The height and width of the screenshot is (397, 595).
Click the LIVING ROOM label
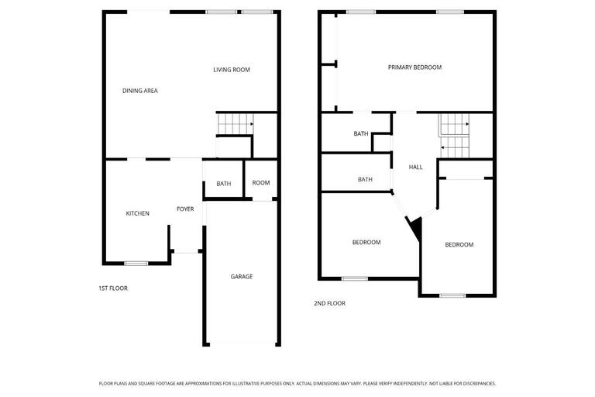pyautogui.click(x=232, y=70)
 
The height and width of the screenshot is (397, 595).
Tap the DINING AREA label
pyautogui.click(x=140, y=91)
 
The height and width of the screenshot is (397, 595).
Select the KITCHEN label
pyautogui.click(x=138, y=213)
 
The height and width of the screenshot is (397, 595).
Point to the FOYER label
pyautogui.click(x=185, y=209)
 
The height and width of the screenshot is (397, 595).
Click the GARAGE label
pyautogui.click(x=241, y=276)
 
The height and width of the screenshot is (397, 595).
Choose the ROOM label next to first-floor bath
pyautogui.click(x=261, y=183)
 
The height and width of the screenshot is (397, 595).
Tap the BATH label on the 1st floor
pyautogui.click(x=224, y=184)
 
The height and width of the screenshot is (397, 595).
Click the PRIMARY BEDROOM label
pyautogui.click(x=414, y=67)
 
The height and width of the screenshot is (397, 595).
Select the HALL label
pyautogui.click(x=416, y=167)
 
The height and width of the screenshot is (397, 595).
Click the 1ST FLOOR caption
pyautogui.click(x=113, y=288)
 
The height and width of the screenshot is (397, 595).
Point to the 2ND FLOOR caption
pyautogui.click(x=330, y=303)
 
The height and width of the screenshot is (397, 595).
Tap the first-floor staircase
pyautogui.click(x=235, y=123)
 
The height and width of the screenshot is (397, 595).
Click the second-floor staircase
pyautogui.click(x=455, y=133)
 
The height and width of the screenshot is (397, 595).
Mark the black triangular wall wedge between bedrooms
pyautogui.click(x=414, y=228)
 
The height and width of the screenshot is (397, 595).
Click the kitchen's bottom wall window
pyautogui.click(x=136, y=264)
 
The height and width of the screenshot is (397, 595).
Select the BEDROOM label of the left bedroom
pyautogui.click(x=366, y=242)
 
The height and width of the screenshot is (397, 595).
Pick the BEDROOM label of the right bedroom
pyautogui.click(x=459, y=245)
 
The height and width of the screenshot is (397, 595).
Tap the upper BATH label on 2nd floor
pyautogui.click(x=361, y=133)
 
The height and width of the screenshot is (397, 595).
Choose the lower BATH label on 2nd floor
pyautogui.click(x=365, y=179)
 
